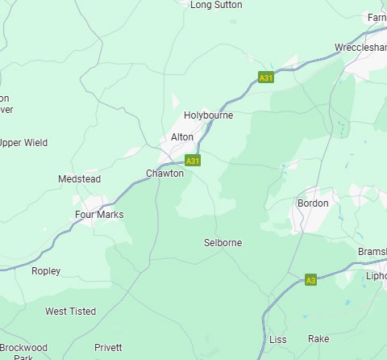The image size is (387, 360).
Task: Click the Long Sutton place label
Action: coord(216,5)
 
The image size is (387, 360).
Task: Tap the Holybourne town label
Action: coord(208,115)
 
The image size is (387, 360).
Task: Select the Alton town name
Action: coord(182,137)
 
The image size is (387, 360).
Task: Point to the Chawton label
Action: coord(164,174)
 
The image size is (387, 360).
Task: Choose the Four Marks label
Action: coord(99,215)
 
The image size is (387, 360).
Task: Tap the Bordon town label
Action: coord(313,203)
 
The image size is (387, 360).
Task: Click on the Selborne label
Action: coord(223,243)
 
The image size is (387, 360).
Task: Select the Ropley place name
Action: coord(46,271)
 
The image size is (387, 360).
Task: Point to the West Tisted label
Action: coord(70,312)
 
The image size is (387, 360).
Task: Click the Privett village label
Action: coord(108,348)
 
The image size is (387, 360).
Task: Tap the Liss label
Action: coord(277,340)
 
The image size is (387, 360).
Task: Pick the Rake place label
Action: coord(319,340)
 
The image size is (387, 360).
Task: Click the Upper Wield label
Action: coord(23,143)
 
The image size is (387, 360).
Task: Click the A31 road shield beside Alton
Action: coord(193,161)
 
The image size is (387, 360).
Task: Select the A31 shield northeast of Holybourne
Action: coord(266,77)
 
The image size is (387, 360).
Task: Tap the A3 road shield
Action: coord(310,280)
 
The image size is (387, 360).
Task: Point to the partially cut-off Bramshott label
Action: coord(372,253)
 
